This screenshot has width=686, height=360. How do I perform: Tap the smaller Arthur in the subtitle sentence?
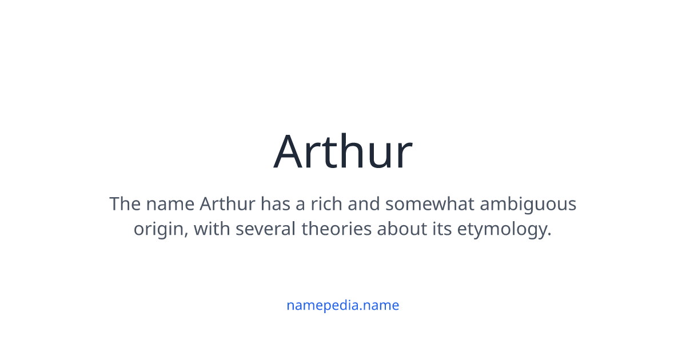[228, 204]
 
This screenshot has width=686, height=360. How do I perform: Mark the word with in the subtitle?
[212, 229]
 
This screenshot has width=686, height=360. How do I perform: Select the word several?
[265, 229]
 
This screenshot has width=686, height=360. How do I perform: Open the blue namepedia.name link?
[342, 305]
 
